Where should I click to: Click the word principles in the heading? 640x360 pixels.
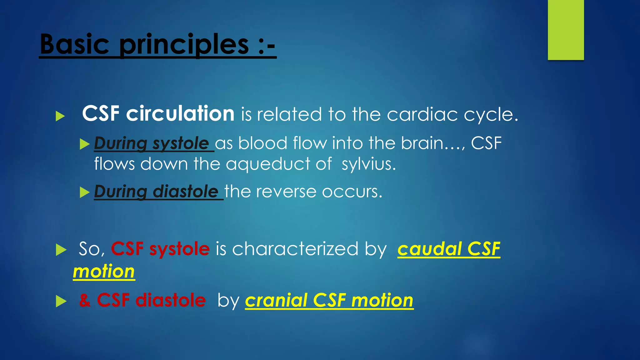point(184,45)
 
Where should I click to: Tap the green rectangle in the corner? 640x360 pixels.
point(566,30)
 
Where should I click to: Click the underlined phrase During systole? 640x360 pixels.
point(152,143)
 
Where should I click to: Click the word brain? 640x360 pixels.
point(422,143)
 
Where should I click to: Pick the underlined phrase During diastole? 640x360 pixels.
point(156,192)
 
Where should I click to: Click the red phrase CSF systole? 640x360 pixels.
point(160,249)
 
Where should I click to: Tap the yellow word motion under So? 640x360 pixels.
point(104,271)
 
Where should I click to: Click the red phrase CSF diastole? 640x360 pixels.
point(151,300)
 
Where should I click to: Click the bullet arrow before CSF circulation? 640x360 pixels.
point(60,116)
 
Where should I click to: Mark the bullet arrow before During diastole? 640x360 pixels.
point(84,192)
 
